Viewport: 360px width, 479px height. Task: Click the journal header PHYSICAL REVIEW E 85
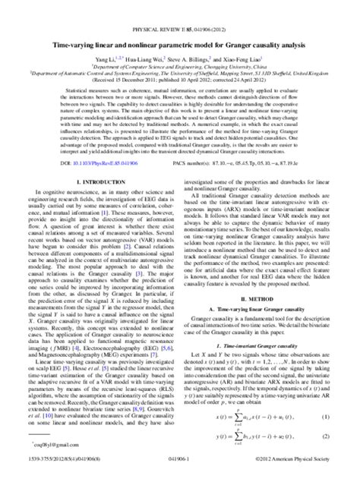(180, 10)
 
